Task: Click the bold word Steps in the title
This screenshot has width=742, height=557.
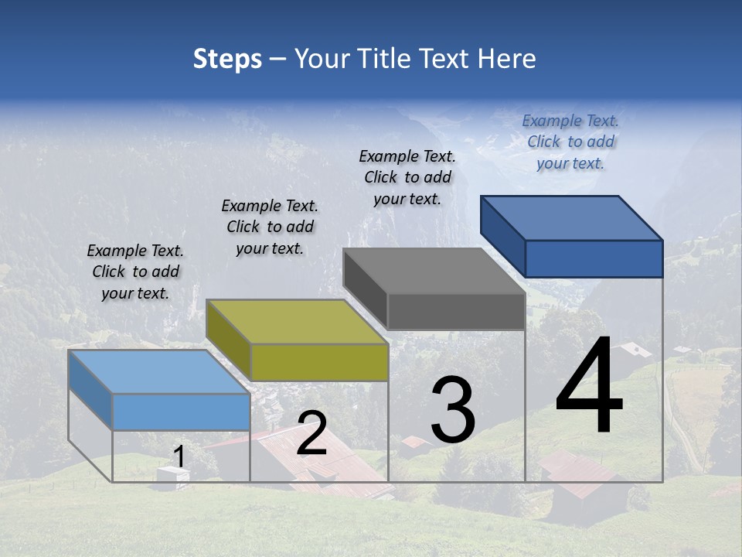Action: tap(227, 60)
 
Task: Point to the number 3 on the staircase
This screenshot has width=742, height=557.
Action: tap(453, 410)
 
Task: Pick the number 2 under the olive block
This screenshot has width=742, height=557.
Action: tap(311, 433)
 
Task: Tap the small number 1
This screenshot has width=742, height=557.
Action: tap(179, 458)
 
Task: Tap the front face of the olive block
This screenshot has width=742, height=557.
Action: tap(319, 362)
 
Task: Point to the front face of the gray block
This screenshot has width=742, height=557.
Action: tap(456, 311)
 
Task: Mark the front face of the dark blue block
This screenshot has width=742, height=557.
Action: tap(594, 258)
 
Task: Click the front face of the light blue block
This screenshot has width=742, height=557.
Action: tap(181, 412)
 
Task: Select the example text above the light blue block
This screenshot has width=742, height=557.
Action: tap(135, 272)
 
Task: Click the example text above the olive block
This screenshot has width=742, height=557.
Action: tap(270, 227)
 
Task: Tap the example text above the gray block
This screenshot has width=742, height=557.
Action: tap(407, 177)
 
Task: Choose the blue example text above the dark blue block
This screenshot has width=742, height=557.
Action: tap(570, 142)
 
